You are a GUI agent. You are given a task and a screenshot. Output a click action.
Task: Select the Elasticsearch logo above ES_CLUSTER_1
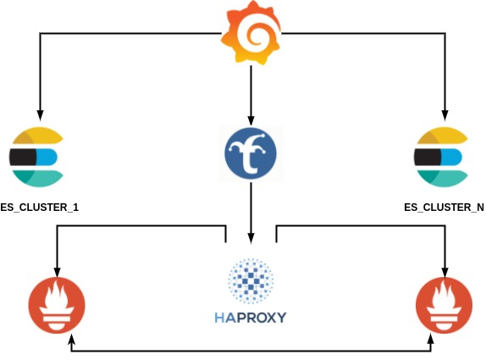coord(37,157)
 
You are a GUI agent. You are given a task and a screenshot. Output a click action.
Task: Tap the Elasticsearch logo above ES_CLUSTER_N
coord(441,157)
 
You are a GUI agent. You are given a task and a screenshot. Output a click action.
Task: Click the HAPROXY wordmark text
coord(251,318)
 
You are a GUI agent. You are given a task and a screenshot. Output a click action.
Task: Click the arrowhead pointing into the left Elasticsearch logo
coord(38,114)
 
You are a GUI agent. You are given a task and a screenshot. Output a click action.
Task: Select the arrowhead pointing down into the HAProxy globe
coord(251,241)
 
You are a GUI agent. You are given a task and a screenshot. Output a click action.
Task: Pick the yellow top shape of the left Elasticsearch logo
coord(37,136)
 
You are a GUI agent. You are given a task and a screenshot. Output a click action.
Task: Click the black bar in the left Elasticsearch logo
coord(22,157)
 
